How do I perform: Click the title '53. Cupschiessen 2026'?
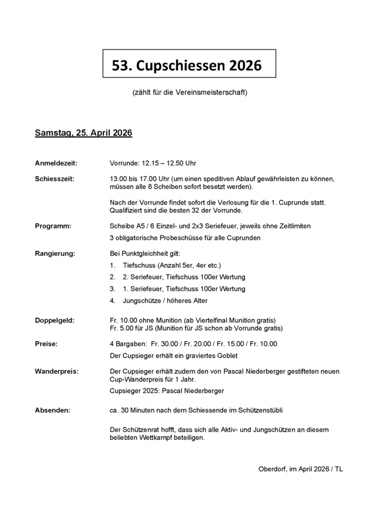click(x=186, y=65)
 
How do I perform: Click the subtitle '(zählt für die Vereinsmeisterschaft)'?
click(x=190, y=92)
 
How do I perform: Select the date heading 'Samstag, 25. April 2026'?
click(x=84, y=133)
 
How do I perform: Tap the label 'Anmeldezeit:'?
click(x=56, y=163)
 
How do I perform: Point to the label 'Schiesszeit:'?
click(x=54, y=179)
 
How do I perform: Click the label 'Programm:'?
click(x=53, y=226)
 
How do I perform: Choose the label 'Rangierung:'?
click(x=55, y=253)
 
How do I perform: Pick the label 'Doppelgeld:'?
click(x=55, y=320)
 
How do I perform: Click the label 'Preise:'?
click(x=46, y=343)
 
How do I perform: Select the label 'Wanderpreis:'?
click(x=57, y=371)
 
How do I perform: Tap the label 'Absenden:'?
click(x=52, y=410)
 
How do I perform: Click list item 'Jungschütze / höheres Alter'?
click(x=165, y=300)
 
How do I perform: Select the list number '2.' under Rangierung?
click(x=113, y=277)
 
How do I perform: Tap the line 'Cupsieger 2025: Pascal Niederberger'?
click(x=167, y=391)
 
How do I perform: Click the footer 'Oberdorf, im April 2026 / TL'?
click(x=300, y=469)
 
